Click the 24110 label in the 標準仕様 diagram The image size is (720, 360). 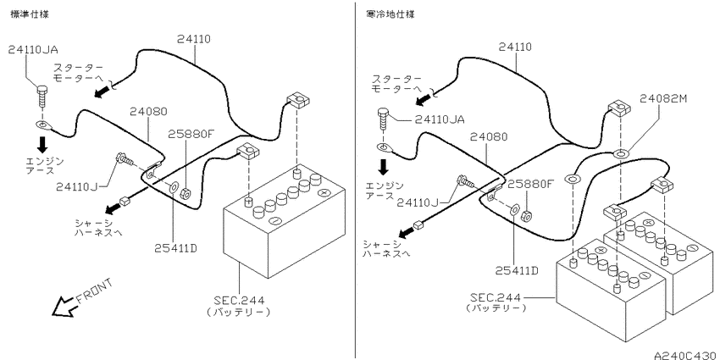195,38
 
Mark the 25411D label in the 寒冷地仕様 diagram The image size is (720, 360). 516,270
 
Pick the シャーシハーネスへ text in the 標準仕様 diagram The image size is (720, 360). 100,227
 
